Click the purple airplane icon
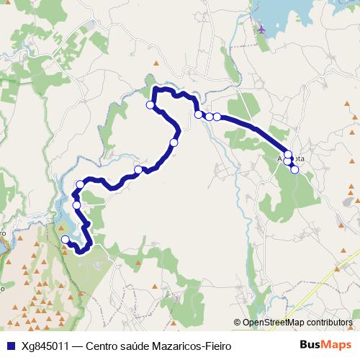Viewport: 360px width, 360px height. pos(261,29)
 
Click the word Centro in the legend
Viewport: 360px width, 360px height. pos(104,346)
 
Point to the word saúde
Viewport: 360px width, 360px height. pos(140,346)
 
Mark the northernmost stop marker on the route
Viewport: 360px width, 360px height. pos(150,105)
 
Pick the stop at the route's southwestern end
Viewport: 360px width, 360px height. pos(66,240)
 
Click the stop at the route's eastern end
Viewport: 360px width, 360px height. pos(294,169)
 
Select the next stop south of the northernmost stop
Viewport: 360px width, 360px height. pos(174,143)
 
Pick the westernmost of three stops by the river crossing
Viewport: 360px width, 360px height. pos(198,114)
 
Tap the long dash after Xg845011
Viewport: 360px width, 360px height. pos(76,346)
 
